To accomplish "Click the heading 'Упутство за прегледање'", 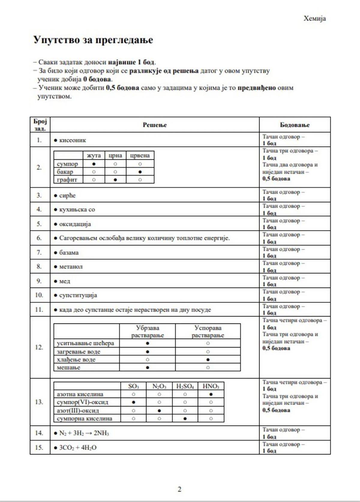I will (93, 40).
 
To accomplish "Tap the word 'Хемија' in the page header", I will (314, 18).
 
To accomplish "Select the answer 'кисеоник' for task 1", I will (72, 140).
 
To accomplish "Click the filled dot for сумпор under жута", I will (94, 164).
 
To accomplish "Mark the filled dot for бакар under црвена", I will (140, 172).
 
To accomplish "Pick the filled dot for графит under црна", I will (115, 180).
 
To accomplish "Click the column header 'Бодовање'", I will (295, 125).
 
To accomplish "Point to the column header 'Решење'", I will (154, 125).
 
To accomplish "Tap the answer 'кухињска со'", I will (77, 210).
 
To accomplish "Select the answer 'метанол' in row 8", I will (70, 267).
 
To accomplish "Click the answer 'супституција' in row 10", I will (78, 295).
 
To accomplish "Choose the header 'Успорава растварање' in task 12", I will (208, 331).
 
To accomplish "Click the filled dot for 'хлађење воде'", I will (208, 360).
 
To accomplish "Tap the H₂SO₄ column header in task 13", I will (185, 386).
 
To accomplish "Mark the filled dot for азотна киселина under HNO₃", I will (211, 394).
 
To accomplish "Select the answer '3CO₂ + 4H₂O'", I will (78, 448).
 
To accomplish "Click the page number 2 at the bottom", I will (179, 489).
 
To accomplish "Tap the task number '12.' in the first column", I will (39, 347).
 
